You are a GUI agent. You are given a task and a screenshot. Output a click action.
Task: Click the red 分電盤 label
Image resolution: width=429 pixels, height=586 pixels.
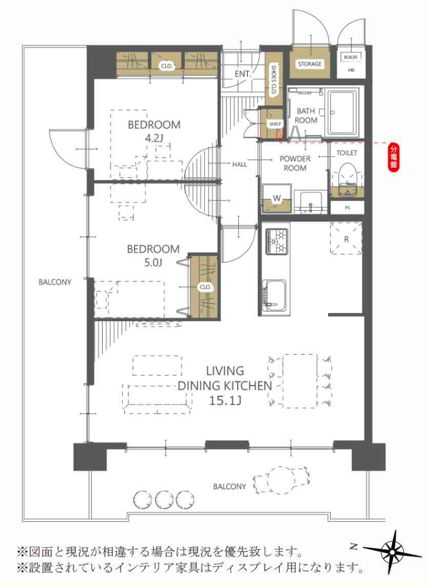click(393, 158)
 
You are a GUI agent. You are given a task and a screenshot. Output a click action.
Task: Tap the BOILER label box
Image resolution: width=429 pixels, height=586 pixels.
click(350, 57)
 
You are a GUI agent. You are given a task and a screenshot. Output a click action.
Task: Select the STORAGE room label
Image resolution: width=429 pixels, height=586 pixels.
click(310, 64)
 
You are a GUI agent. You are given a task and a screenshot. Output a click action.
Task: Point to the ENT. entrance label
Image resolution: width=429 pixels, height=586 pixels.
click(242, 74)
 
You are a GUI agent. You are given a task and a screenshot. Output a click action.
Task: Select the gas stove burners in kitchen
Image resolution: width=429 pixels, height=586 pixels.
click(277, 242)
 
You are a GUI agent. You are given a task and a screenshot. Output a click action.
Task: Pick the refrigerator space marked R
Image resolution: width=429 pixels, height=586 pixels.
click(346, 238)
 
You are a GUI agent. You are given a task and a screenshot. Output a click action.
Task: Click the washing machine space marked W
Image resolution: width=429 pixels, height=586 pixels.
click(277, 198)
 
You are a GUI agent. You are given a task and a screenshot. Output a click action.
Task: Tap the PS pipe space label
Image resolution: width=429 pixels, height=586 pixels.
click(347, 208)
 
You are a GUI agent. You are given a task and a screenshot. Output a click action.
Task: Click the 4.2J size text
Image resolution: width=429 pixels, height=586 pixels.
click(154, 138)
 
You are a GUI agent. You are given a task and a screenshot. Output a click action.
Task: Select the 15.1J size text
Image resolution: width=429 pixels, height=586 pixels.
click(225, 400)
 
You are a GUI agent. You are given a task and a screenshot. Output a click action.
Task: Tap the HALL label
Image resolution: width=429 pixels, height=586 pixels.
click(239, 164)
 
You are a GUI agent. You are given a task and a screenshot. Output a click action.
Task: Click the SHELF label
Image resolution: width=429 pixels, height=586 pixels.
click(275, 124)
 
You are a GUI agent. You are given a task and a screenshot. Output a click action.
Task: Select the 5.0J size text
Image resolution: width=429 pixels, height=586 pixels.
click(153, 263)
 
